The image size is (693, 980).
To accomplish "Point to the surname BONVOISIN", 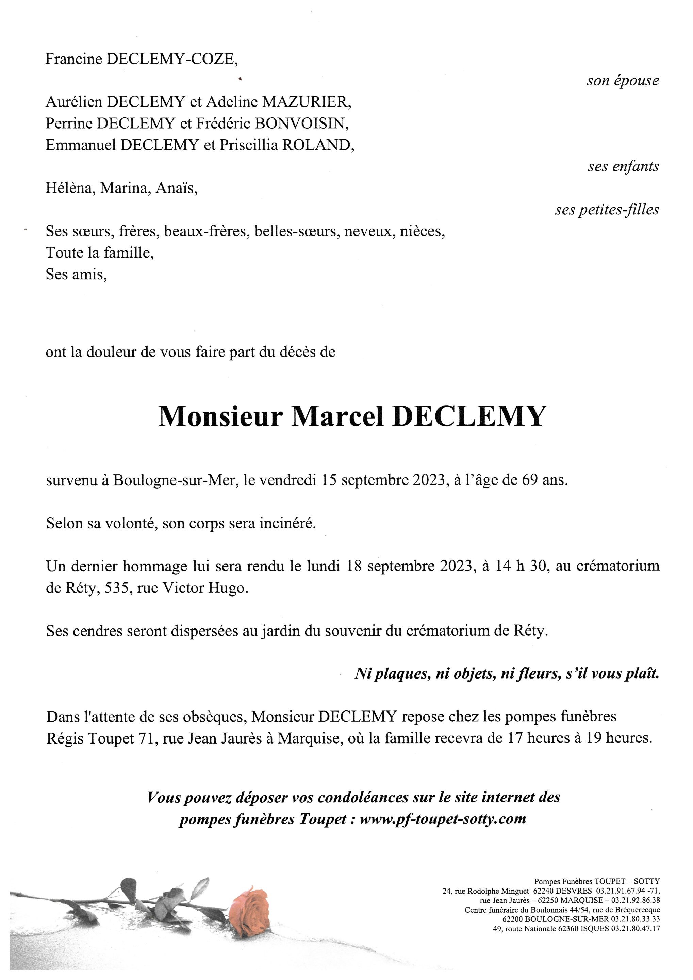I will click(x=301, y=124).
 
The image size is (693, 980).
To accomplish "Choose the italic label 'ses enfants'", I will click(x=623, y=166).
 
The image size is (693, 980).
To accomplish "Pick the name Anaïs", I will click(x=176, y=188).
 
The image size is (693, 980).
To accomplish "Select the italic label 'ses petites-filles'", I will click(x=607, y=210).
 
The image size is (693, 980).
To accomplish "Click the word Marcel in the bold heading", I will click(x=337, y=416).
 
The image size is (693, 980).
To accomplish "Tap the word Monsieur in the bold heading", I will click(x=220, y=416).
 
